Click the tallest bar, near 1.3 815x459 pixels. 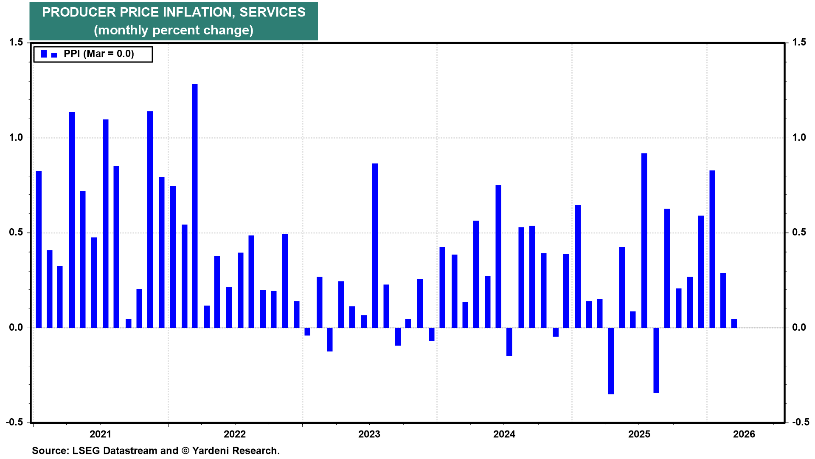point(194,206)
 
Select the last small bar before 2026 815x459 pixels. point(734,323)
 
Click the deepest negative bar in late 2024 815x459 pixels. point(611,361)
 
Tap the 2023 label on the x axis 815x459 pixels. point(369,434)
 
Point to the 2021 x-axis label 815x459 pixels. point(100,434)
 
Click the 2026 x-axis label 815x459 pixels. point(744,434)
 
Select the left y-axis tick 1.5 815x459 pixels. point(16,42)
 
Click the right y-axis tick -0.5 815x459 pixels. point(798,422)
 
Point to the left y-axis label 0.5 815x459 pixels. point(16,232)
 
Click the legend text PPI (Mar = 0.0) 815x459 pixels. point(98,54)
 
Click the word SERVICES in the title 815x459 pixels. point(272,12)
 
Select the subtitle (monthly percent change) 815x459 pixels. point(173,30)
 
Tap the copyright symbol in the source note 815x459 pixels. point(185,450)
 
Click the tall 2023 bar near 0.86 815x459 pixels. point(375,246)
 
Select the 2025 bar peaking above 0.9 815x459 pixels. point(644,241)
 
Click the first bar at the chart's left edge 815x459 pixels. point(39,249)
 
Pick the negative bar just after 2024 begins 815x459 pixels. point(509,342)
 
